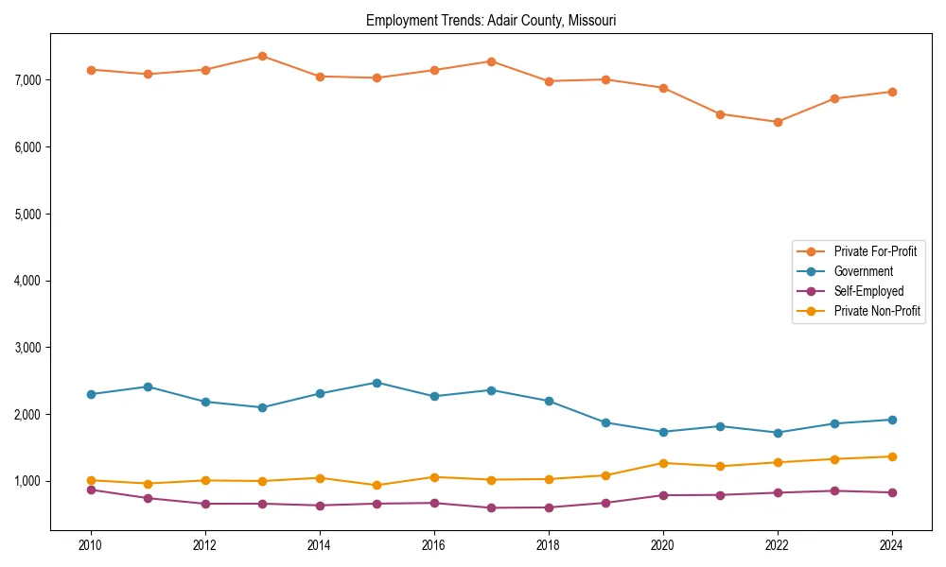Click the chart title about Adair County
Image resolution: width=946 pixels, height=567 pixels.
point(491,21)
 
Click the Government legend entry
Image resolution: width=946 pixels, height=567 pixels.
point(863,271)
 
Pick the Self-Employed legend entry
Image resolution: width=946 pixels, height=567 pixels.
point(868,291)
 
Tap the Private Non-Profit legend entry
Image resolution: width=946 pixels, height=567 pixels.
point(877,311)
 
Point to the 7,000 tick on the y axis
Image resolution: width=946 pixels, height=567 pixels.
point(28,80)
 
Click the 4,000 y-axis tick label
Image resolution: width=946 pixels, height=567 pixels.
point(28,281)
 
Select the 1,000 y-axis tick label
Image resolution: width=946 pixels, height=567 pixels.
point(28,481)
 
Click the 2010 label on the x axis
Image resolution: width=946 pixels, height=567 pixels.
point(91,545)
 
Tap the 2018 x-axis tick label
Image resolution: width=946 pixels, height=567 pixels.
point(549,545)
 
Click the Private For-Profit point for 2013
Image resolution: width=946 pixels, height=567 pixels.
point(262,56)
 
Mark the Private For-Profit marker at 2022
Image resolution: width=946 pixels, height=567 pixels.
point(778,122)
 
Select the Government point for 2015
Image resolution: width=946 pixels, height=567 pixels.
point(377,383)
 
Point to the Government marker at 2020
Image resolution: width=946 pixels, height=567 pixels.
point(663,432)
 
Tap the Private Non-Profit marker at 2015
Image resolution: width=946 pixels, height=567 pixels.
point(377,486)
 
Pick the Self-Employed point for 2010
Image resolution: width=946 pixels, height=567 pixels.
point(91,490)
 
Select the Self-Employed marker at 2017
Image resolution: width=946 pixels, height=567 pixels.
point(491,507)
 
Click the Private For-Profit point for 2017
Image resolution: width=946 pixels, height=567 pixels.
point(491,61)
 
